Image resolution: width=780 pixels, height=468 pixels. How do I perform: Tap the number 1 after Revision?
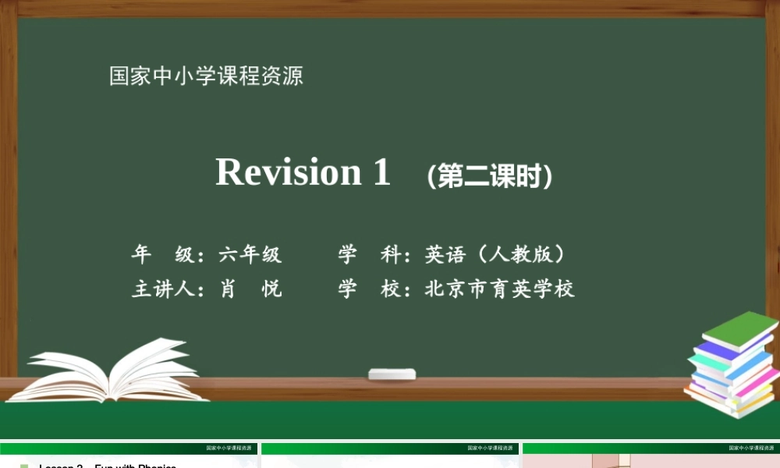click(x=381, y=172)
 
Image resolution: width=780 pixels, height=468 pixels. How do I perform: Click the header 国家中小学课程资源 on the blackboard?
click(x=206, y=76)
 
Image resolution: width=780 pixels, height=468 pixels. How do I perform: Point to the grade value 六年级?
click(x=250, y=254)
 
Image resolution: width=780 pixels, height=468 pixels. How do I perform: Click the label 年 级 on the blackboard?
click(x=162, y=254)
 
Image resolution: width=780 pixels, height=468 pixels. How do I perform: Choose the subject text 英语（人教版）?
click(x=495, y=254)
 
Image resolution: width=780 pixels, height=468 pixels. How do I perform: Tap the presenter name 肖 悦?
click(x=250, y=289)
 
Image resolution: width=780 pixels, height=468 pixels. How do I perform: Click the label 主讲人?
click(x=162, y=289)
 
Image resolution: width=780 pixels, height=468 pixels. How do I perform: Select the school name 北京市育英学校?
click(x=500, y=289)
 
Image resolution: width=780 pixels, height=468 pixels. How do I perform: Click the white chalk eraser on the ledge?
click(x=392, y=374)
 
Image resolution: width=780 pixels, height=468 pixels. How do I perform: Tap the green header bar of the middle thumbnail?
click(x=390, y=448)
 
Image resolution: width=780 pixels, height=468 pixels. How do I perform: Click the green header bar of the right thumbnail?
click(x=651, y=448)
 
